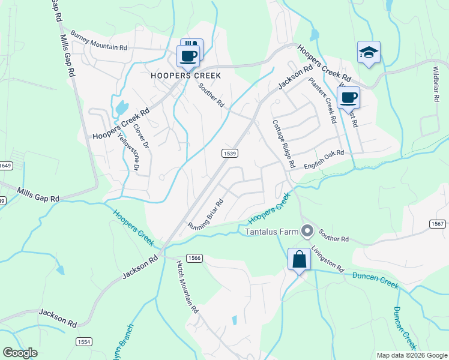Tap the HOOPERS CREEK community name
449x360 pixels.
tap(186, 76)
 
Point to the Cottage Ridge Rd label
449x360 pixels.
tap(284, 143)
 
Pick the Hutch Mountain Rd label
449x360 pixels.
tap(187, 287)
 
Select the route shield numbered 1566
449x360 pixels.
tap(193, 258)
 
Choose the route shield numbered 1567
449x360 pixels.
tap(437, 224)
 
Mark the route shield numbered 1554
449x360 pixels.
tap(83, 341)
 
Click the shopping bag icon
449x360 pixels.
tap(299, 260)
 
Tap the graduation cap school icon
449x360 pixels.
tap(369, 53)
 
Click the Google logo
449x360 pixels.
tap(20, 353)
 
